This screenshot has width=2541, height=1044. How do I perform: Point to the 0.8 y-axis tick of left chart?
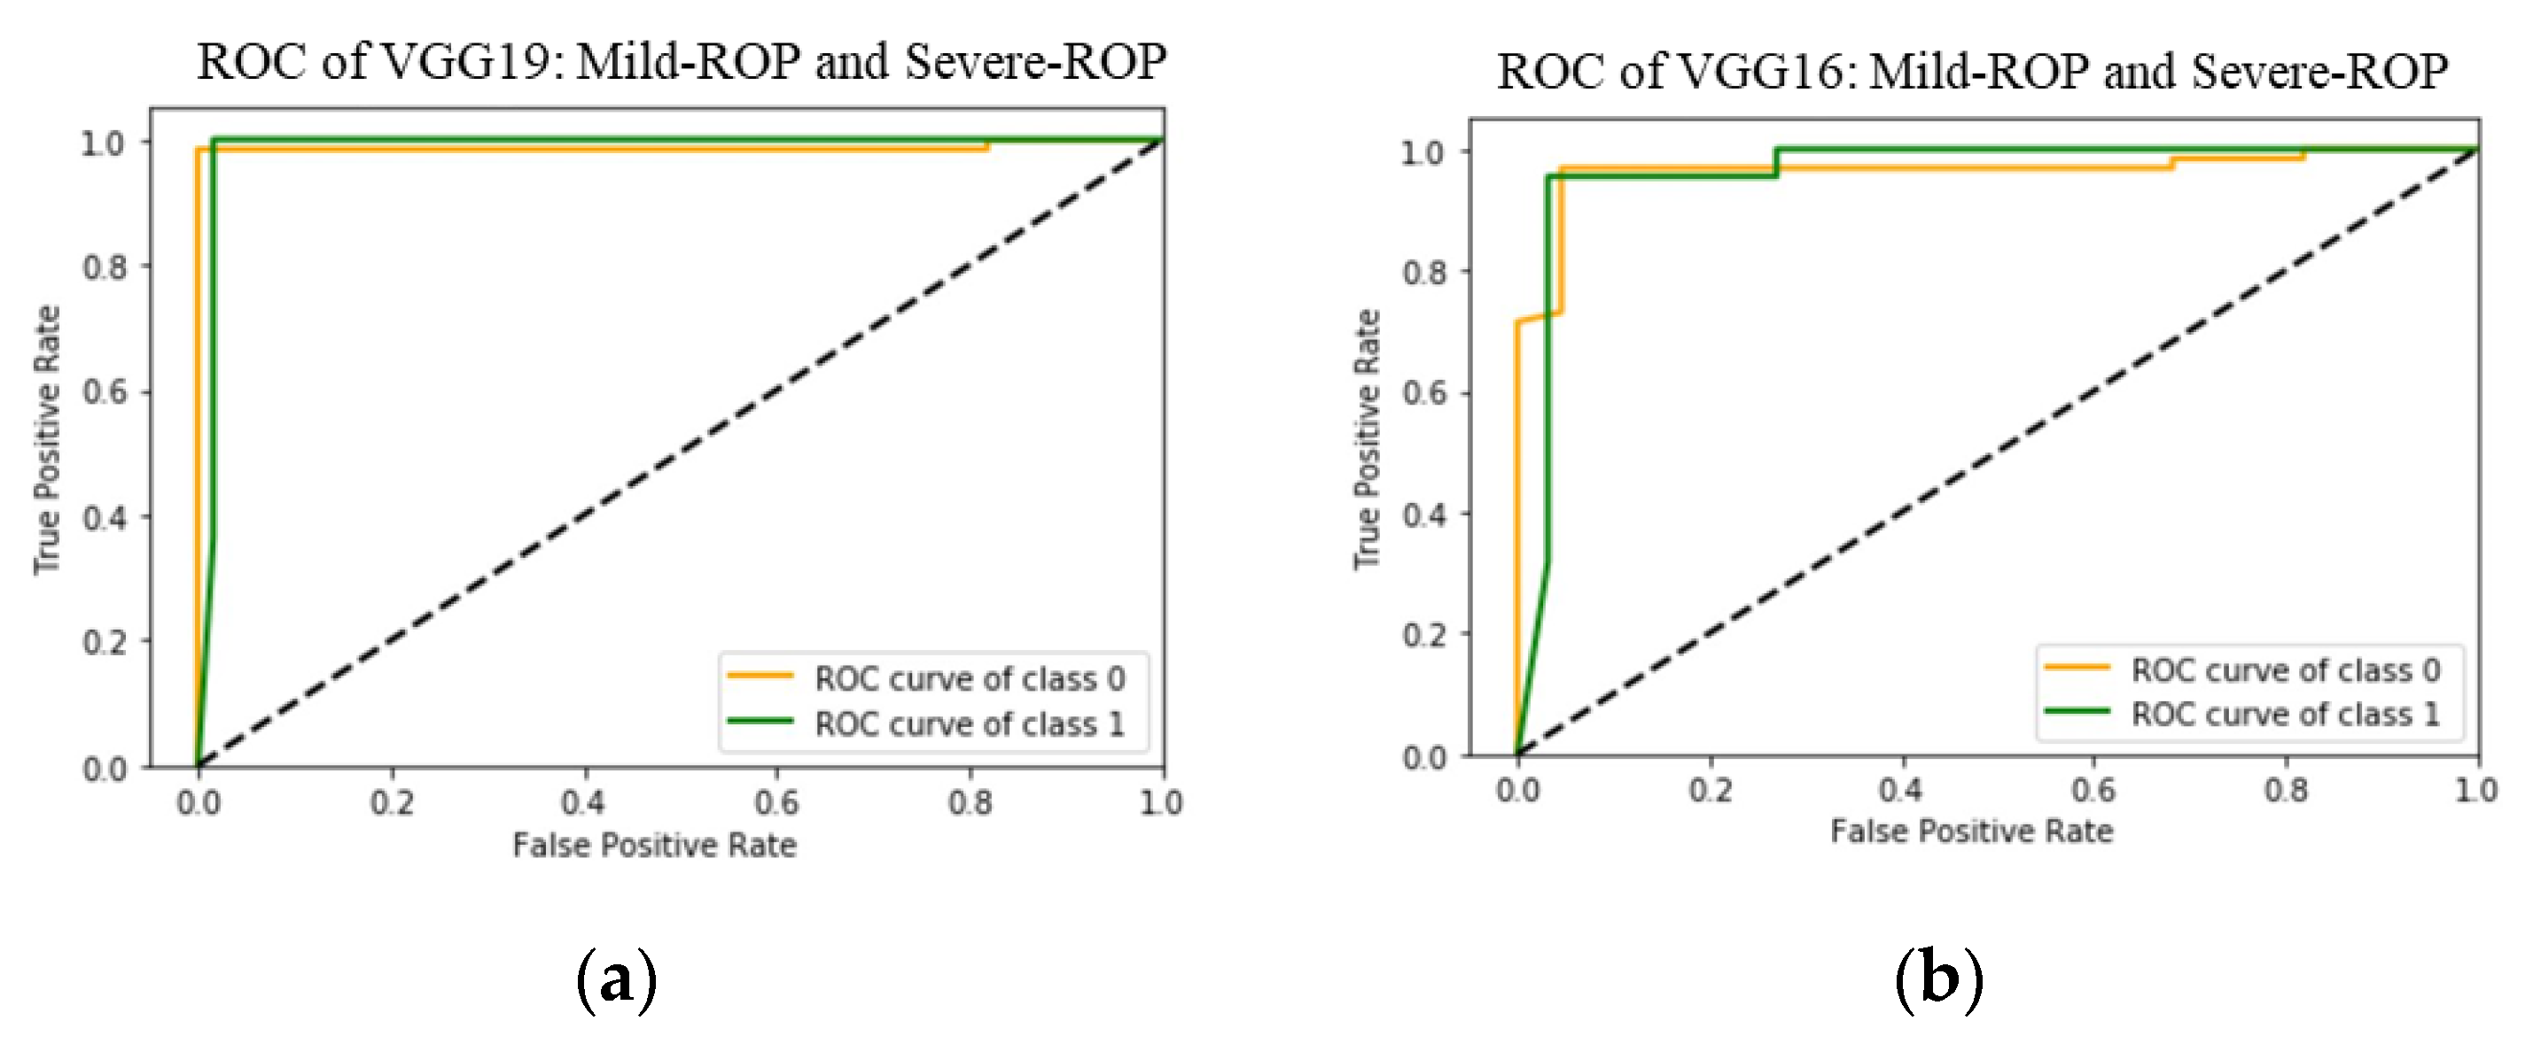[x=105, y=267]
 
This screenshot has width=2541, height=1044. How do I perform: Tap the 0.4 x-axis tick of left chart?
[x=584, y=802]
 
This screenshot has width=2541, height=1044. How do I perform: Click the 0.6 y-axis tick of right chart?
[x=1423, y=393]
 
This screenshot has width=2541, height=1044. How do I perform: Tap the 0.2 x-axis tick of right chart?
[x=1710, y=791]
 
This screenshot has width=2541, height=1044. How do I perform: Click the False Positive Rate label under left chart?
[x=654, y=846]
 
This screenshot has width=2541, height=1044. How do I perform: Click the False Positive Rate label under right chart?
[x=1971, y=832]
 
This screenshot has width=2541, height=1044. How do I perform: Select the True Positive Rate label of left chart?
[x=47, y=440]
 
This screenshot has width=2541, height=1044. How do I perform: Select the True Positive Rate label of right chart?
[x=1366, y=440]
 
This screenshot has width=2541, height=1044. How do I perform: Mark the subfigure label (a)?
[x=617, y=980]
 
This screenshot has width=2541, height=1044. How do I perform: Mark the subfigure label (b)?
[x=1938, y=980]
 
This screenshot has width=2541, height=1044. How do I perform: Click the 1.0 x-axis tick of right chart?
[x=2475, y=791]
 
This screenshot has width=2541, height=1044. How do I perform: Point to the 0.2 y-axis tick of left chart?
[x=105, y=643]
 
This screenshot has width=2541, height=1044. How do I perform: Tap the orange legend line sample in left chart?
[x=760, y=677]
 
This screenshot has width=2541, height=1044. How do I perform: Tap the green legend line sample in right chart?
[x=2077, y=711]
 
